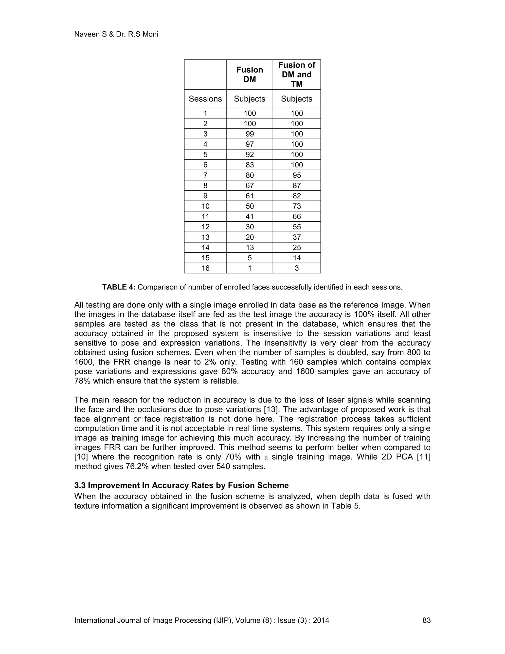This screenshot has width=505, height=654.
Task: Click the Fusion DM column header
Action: [250, 74]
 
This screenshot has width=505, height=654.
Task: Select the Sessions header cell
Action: [205, 99]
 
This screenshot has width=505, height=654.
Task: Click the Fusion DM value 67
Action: [250, 185]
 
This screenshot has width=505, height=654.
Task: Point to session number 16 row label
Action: [205, 268]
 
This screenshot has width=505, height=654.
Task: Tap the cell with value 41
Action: [250, 216]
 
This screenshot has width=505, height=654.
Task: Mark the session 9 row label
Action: [205, 196]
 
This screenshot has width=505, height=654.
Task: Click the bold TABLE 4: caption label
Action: [119, 287]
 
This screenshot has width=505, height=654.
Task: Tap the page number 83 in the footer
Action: [426, 620]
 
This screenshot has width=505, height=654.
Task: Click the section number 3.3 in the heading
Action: [80, 485]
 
